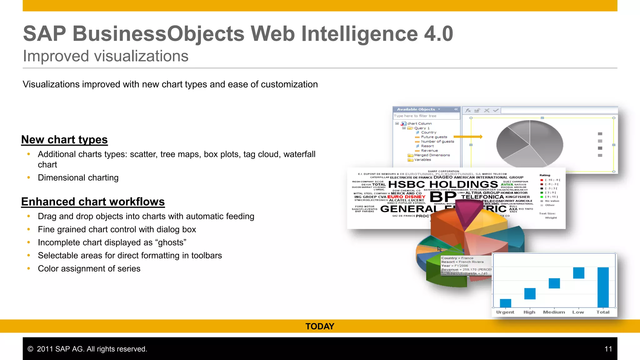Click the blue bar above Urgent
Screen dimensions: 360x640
[x=505, y=303]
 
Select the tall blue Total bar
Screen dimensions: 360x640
[x=603, y=287]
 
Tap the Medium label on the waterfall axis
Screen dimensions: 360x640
[x=554, y=312]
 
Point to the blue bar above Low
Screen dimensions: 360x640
[x=578, y=273]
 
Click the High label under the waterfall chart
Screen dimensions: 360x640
[x=529, y=312]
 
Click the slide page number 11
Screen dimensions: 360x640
[x=608, y=349]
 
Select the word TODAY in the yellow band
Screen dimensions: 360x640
[x=320, y=327]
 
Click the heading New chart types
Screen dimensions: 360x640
[x=64, y=140]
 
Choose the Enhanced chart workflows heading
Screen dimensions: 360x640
[x=93, y=202]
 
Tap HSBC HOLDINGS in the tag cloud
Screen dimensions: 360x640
[x=443, y=184]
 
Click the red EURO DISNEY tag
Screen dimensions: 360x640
[x=406, y=197]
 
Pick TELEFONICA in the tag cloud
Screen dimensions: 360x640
[x=482, y=197]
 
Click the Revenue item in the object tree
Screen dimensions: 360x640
[x=429, y=151]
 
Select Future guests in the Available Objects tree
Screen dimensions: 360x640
[x=434, y=137]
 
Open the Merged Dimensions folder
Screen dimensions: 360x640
[x=432, y=155]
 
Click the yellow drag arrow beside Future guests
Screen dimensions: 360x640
[x=468, y=137]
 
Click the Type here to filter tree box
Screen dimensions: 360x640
[x=426, y=116]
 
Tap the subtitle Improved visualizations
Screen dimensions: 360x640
[x=106, y=56]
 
